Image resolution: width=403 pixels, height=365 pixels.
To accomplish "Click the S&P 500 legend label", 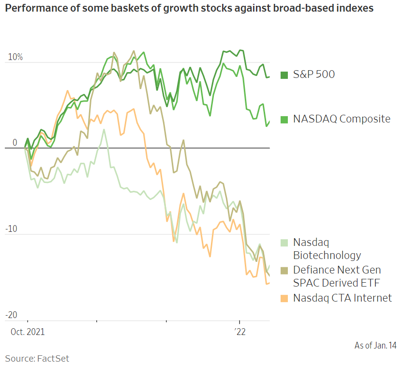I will [x=314, y=75].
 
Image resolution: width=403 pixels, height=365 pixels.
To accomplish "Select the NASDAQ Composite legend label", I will [x=342, y=119].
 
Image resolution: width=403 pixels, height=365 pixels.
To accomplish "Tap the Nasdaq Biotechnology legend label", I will [x=327, y=248].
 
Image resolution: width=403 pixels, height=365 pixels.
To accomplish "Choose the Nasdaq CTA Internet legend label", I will [x=343, y=298].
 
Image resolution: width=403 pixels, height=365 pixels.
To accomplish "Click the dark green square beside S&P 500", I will [x=285, y=75].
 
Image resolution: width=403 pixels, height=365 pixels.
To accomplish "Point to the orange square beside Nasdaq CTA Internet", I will [x=285, y=298].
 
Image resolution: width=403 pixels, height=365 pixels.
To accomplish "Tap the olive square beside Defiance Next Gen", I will [x=285, y=270].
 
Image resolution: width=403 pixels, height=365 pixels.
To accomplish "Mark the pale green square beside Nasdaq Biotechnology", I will [x=285, y=242].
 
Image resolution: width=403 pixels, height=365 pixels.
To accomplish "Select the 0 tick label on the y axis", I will [x=15, y=143].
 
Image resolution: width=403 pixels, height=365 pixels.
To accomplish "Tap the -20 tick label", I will [x=12, y=315].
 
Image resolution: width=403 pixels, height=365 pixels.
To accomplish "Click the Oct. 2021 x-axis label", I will [x=27, y=332].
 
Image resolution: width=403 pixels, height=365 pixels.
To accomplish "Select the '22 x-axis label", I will [x=239, y=332].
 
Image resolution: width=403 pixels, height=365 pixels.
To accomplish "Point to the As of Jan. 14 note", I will [x=375, y=345].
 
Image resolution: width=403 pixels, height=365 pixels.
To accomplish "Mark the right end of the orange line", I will [x=269, y=283].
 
